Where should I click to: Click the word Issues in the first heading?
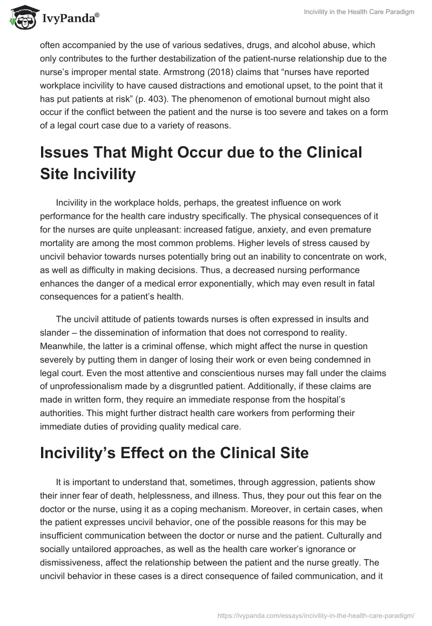tap(68, 153)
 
